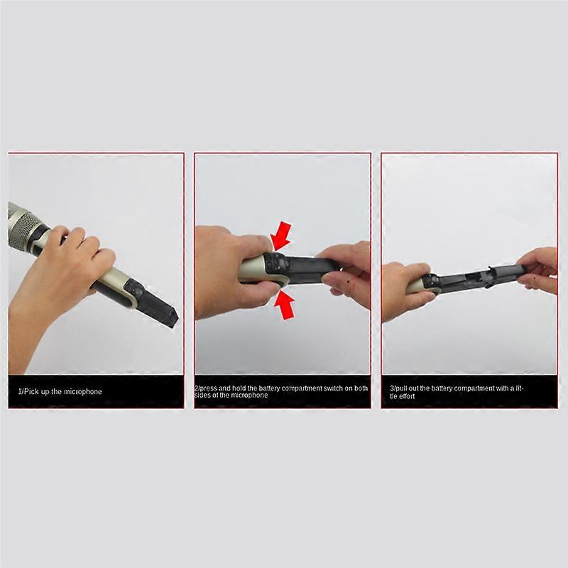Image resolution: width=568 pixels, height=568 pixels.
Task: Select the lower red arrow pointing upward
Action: [x=285, y=305]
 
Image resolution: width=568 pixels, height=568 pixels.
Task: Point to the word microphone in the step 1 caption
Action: [x=83, y=391]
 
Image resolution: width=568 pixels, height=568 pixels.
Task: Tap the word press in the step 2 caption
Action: [x=209, y=388]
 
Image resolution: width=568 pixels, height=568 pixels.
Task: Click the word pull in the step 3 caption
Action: [x=399, y=388]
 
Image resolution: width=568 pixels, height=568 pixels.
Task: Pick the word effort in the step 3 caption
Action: [x=407, y=396]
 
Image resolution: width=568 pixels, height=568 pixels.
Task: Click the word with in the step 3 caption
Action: [x=512, y=388]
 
